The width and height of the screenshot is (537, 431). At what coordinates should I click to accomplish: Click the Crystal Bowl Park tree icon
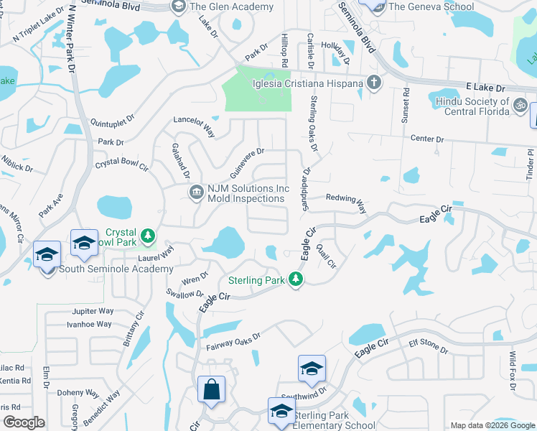[x=148, y=235]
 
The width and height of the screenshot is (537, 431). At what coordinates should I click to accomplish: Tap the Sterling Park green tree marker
[x=295, y=279]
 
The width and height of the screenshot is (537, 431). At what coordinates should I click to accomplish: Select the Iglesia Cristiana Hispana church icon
[x=373, y=82]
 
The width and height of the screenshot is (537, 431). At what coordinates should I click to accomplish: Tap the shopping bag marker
[x=212, y=390]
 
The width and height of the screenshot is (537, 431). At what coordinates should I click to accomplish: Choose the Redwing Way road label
[x=346, y=201]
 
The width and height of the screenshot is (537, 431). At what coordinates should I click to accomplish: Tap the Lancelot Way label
[x=195, y=127]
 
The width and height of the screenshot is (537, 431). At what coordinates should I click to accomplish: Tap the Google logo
[x=24, y=422]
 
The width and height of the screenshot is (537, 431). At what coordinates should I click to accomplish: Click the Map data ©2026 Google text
[x=492, y=425]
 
